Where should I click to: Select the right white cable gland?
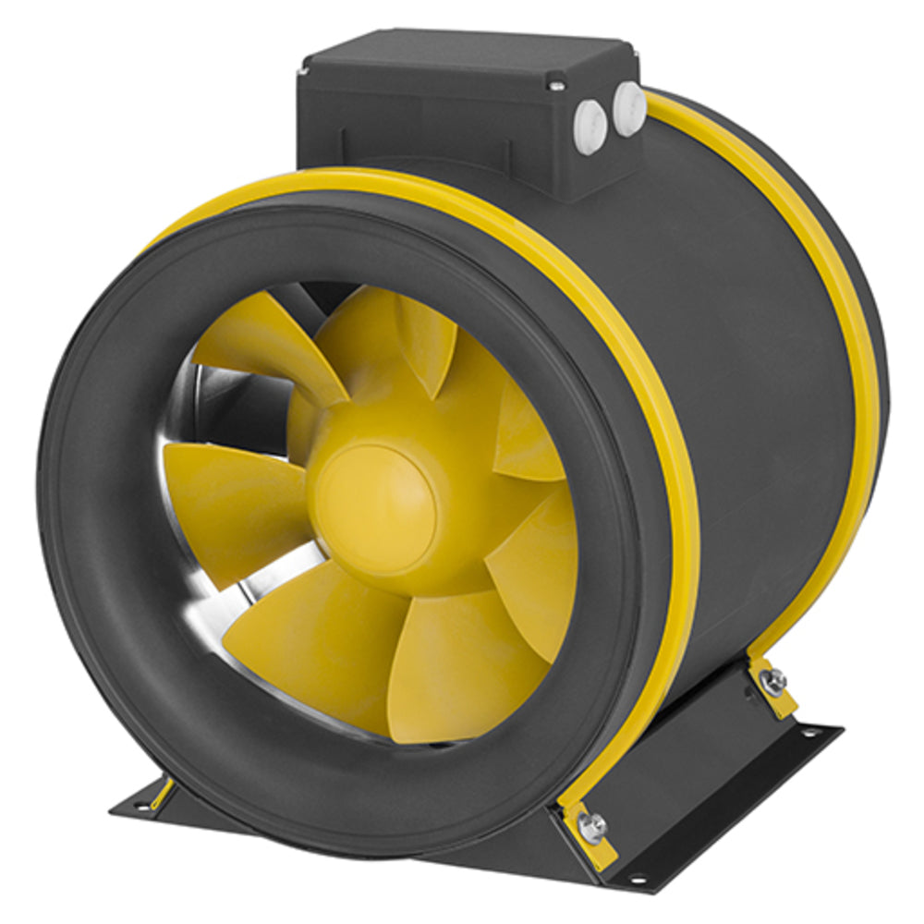(629, 108)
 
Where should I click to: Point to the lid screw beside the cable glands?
(555, 86)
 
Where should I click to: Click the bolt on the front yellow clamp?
(592, 824)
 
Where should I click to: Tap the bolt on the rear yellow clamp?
(773, 681)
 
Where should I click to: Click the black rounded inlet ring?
(102, 554)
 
